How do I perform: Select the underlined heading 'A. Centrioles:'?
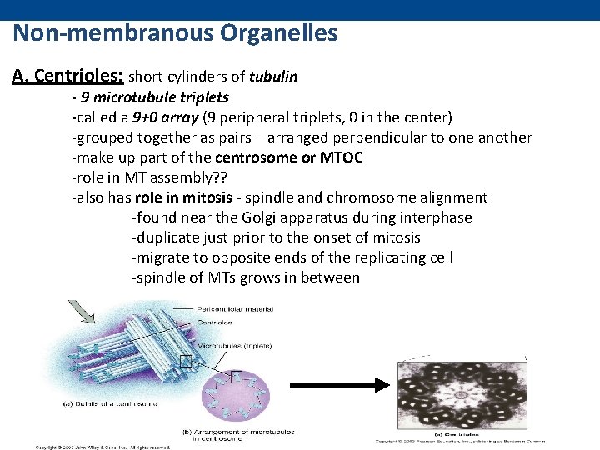67,77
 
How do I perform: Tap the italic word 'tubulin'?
273,77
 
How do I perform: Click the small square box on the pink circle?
237,377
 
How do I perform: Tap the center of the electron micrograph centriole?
460,392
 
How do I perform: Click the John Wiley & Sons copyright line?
102,447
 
